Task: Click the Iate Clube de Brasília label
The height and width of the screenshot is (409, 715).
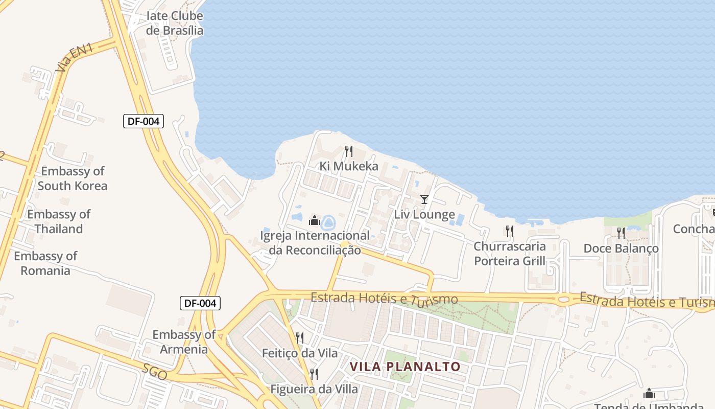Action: coord(175,23)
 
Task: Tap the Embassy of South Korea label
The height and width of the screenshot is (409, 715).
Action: coord(73,178)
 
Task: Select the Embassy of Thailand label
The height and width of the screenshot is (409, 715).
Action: coord(59,221)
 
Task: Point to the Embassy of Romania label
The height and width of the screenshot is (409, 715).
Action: coord(45,263)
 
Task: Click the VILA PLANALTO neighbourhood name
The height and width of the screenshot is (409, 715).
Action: coord(406,367)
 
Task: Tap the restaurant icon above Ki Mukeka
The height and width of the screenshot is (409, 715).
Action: coord(349,151)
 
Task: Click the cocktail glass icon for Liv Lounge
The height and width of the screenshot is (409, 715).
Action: coord(424,199)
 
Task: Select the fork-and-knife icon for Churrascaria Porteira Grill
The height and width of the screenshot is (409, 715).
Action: coord(509,231)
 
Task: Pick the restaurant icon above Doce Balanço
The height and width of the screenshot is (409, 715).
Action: coord(621,233)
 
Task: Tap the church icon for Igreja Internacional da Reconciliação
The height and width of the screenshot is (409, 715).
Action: coord(315,221)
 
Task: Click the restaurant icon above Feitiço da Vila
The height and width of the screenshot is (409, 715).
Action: coord(300,337)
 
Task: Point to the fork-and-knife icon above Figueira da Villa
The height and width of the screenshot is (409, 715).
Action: coord(314,374)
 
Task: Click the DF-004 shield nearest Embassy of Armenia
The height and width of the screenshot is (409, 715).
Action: coord(200,303)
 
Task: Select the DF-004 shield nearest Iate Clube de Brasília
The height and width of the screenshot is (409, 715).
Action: coord(144,121)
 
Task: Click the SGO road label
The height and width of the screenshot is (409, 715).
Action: coord(155,372)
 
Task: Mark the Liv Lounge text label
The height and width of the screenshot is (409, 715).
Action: coord(424,214)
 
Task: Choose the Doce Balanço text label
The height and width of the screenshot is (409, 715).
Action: coord(621,248)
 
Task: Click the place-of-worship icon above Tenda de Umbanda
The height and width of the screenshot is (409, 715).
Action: coord(649,393)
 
